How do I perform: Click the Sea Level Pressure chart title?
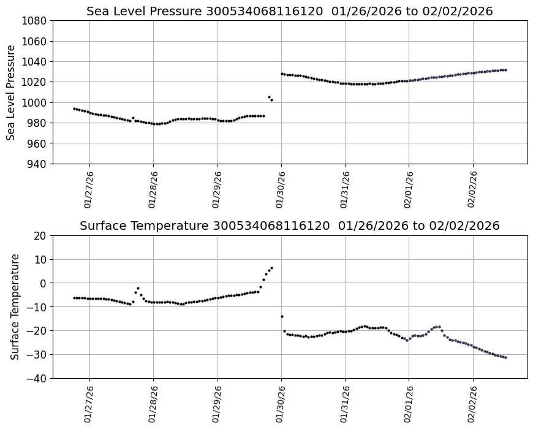289,12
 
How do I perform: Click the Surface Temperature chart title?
289,226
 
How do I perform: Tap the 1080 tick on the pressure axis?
35,21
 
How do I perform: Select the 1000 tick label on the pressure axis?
35,102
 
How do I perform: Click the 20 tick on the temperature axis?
40,236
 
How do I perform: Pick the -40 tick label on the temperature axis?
38,378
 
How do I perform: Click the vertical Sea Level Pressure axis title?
12,92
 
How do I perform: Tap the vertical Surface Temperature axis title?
15,306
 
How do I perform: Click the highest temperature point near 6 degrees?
271,268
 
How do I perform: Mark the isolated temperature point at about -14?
282,316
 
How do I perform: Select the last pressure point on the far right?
505,70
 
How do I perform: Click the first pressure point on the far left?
74,108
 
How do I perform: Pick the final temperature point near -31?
505,357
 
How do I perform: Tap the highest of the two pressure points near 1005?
269,97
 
